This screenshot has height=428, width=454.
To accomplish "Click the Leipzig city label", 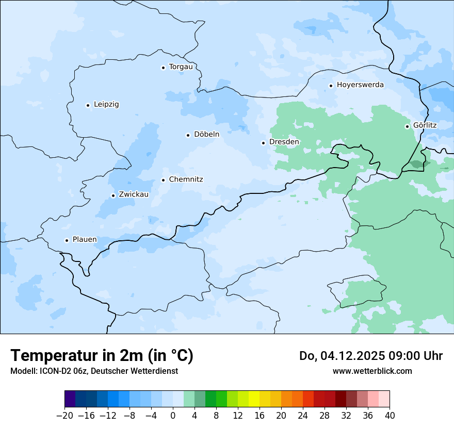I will coord(106,105).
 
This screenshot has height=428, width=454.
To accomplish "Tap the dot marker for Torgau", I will coord(163,68).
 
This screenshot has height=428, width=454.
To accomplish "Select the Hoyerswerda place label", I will coord(360,85).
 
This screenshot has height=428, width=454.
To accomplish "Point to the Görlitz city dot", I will coord(407,126).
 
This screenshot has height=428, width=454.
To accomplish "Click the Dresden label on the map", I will coord(284,142).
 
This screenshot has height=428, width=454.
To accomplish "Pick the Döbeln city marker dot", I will coord(188,135).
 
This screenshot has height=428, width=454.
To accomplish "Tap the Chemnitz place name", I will coord(186,180).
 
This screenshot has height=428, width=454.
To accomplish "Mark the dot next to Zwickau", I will coord(113,195).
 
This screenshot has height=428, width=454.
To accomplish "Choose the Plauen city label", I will coord(85,240).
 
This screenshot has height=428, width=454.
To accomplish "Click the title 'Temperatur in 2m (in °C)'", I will coord(102,355).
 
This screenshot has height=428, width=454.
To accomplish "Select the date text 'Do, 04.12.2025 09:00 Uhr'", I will coord(370,356).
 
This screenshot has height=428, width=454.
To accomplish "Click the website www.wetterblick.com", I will coord(372,371).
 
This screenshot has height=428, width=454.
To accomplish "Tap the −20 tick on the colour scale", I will coord(64,416).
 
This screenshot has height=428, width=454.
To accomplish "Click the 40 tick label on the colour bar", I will coord(390,416).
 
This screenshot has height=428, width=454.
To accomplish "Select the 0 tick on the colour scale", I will coord(173,416).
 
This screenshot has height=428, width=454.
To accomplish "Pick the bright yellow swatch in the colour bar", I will coord(254,399).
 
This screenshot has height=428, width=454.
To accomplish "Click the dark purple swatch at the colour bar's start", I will coord(70,399).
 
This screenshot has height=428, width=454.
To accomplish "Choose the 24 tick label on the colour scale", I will coord(303,416).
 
